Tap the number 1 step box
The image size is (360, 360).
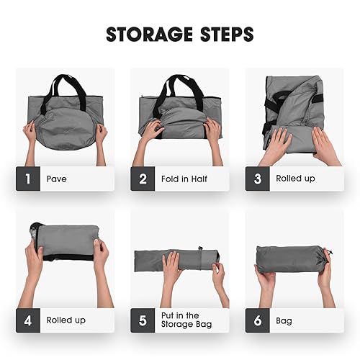[27, 179]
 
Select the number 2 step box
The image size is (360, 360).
[143, 179]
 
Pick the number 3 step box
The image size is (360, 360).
[258, 179]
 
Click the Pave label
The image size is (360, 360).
[57, 179]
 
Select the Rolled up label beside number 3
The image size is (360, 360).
[296, 179]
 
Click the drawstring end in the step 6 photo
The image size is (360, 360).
[327, 254]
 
